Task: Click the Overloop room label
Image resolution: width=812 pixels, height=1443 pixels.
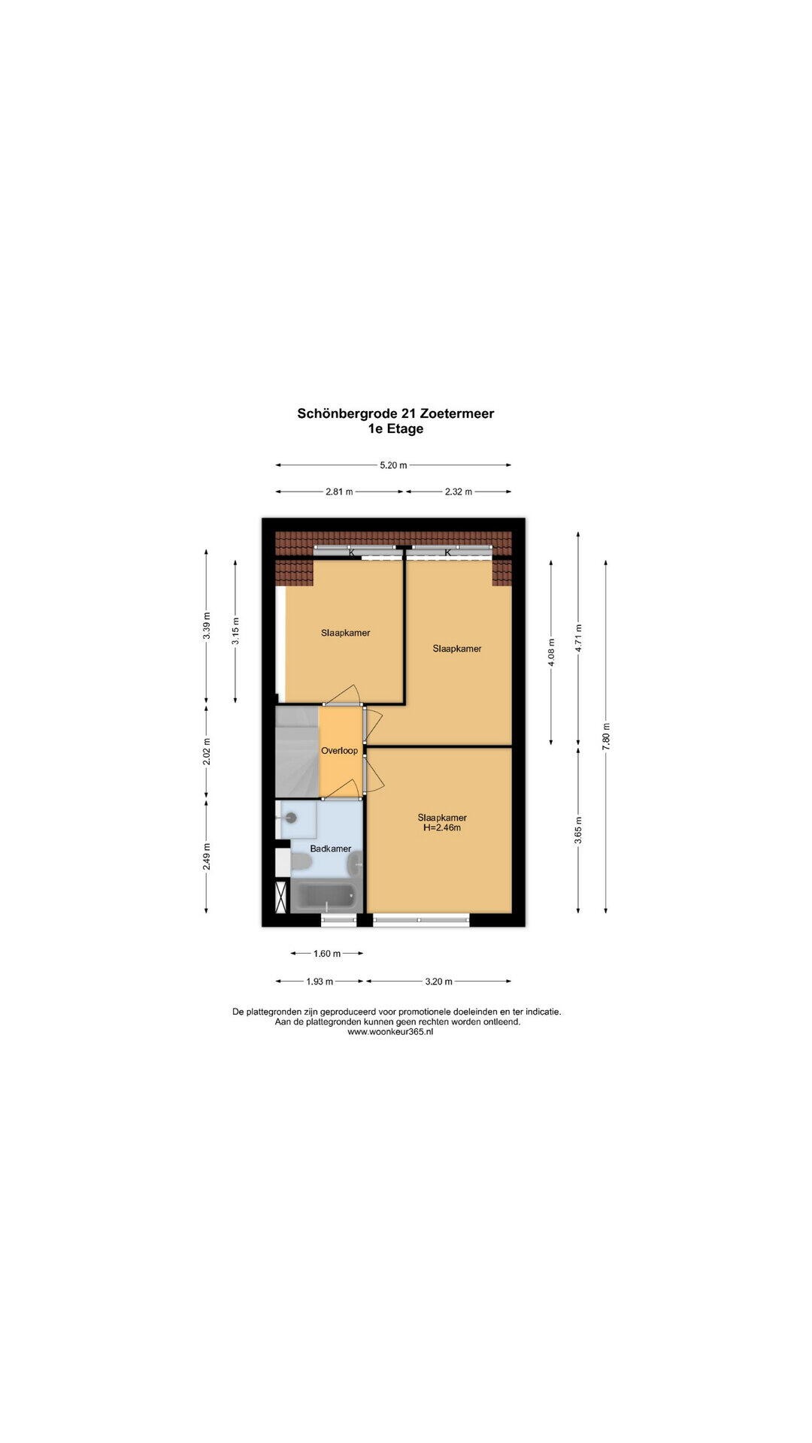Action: pos(339,750)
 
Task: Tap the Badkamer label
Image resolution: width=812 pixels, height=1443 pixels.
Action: pos(331,849)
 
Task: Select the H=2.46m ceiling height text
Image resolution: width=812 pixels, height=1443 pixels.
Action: pos(442,828)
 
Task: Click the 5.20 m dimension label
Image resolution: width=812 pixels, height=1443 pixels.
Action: pos(393,465)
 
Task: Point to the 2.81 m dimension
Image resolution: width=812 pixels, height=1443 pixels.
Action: pos(339,492)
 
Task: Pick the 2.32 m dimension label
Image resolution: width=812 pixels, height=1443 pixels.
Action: pos(459,492)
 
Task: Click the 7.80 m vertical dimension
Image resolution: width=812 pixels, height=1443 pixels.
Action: pos(606,737)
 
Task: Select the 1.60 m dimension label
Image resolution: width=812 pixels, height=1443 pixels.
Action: pos(327,954)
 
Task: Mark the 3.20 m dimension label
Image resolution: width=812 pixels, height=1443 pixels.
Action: pos(439,982)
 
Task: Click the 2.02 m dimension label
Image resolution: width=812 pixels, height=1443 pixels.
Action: pos(207,752)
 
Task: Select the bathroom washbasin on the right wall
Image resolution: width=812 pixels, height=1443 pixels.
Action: pos(356,866)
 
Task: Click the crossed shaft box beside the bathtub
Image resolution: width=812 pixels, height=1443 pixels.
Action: pos(281,897)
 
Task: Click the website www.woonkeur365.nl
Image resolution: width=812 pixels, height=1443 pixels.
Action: pos(390,1032)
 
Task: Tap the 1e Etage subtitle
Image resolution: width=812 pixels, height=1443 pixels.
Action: pos(395,429)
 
